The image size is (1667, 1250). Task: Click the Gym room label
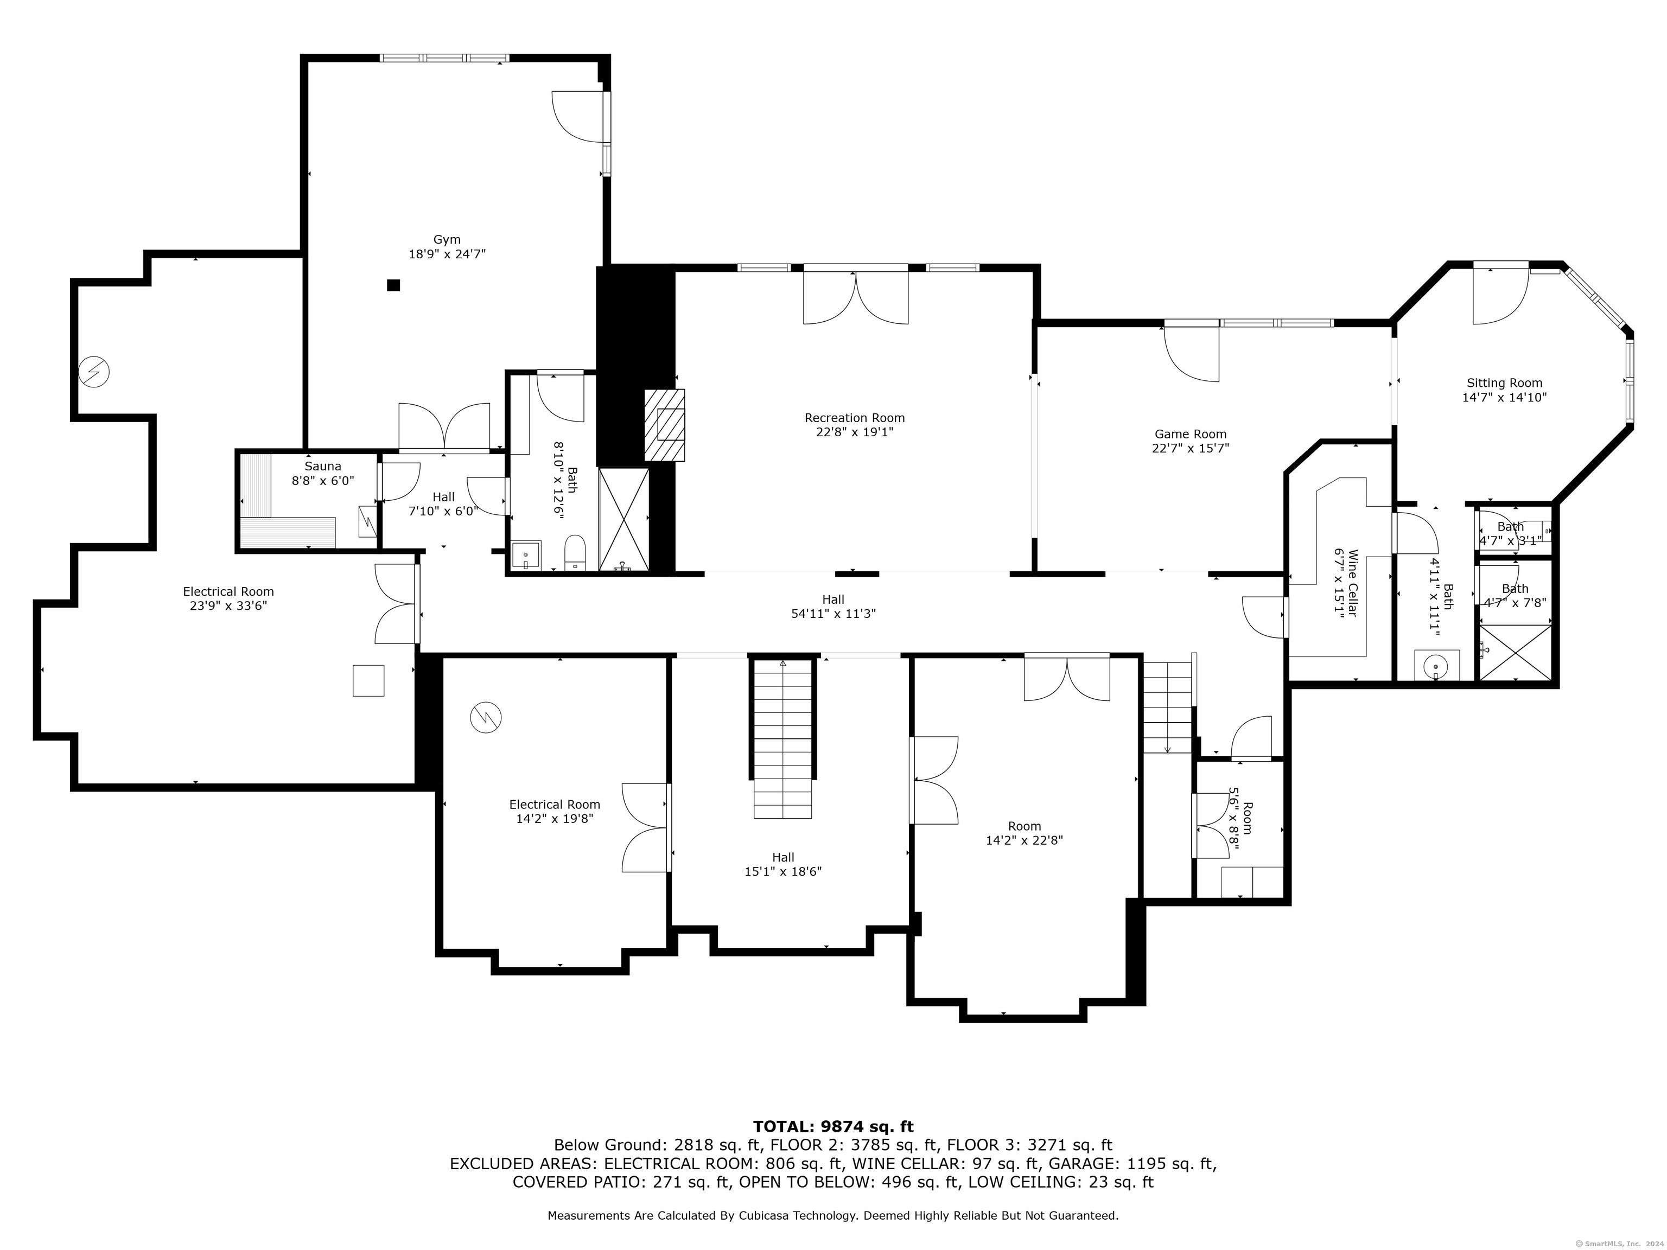click(x=447, y=240)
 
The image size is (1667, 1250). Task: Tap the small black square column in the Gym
click(x=393, y=285)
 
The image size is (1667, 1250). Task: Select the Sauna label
click(x=322, y=467)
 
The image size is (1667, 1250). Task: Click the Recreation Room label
click(x=855, y=418)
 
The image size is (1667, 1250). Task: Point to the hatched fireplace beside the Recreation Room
click(x=665, y=424)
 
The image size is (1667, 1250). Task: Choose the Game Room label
click(x=1191, y=434)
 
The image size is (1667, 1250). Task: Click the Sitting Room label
click(x=1504, y=383)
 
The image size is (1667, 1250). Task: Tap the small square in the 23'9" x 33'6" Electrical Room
click(x=368, y=680)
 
